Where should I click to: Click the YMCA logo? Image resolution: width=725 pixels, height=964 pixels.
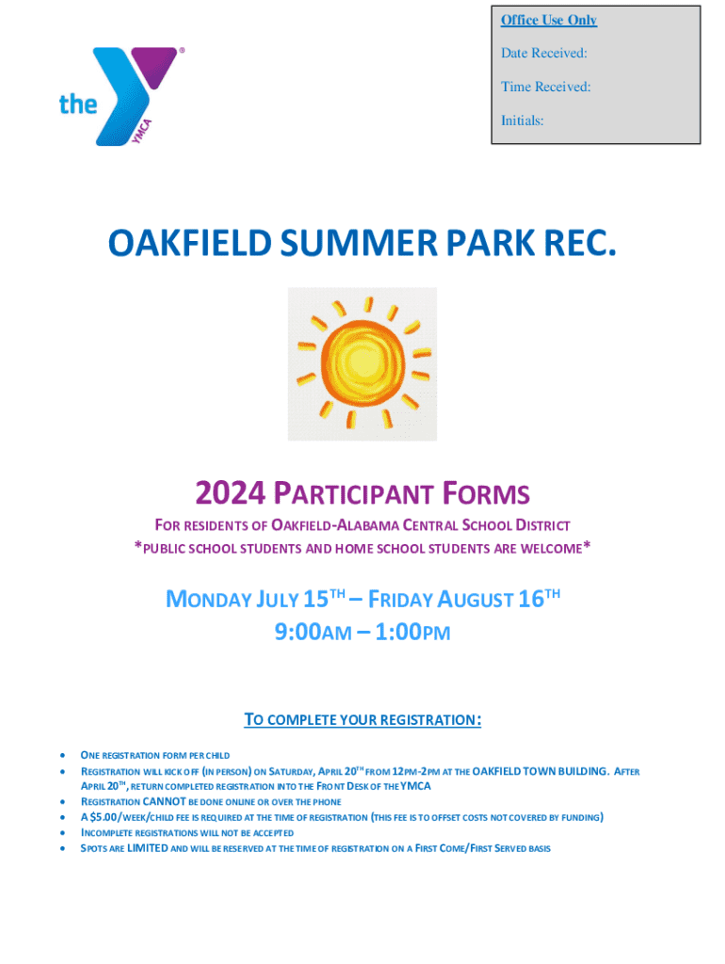(121, 96)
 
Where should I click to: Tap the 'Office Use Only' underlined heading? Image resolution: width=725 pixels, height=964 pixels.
(549, 20)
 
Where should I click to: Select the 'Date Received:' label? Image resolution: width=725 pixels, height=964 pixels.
(543, 53)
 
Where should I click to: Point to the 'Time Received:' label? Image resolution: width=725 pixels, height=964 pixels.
(545, 87)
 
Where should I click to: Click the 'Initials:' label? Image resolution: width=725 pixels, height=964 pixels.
(522, 120)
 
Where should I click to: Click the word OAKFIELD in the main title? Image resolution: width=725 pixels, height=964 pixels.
(190, 242)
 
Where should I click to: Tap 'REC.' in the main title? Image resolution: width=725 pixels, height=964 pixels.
(580, 242)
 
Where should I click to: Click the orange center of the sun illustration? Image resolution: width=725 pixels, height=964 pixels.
(362, 361)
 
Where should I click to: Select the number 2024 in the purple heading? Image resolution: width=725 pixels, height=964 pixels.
(230, 492)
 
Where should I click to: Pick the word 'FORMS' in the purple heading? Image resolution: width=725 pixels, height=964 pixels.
(486, 493)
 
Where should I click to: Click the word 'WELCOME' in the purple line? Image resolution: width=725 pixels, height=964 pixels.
(551, 549)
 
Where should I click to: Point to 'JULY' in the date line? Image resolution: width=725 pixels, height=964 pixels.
(277, 599)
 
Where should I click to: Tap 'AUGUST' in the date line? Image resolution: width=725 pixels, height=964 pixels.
(475, 599)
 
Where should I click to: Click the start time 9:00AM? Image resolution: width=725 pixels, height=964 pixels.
(313, 632)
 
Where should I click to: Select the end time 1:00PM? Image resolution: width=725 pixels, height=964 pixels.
(412, 632)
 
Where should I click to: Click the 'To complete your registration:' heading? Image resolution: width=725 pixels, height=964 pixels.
(362, 719)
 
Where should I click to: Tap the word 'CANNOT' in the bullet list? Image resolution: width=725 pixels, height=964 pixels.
(164, 802)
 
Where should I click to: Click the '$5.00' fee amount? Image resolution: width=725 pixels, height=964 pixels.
(104, 817)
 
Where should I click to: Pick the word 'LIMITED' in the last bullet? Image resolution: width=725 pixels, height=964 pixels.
(147, 848)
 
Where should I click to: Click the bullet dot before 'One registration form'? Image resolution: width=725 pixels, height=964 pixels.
(63, 755)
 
